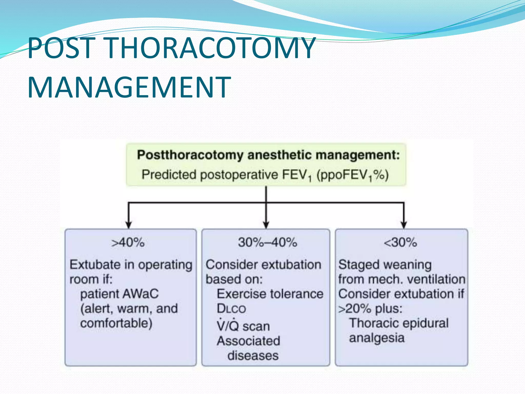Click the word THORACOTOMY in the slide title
point(210,48)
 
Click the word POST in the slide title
point(62,48)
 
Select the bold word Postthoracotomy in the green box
point(190,155)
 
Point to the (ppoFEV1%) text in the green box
point(352,175)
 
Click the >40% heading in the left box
point(128,242)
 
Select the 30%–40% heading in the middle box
point(267,242)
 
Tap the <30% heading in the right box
point(400,242)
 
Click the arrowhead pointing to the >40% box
point(128,225)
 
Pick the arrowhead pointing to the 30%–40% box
point(266,225)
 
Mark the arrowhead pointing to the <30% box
point(404,225)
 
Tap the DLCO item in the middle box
point(231,309)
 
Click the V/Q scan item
point(243,326)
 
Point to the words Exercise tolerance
point(270,294)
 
